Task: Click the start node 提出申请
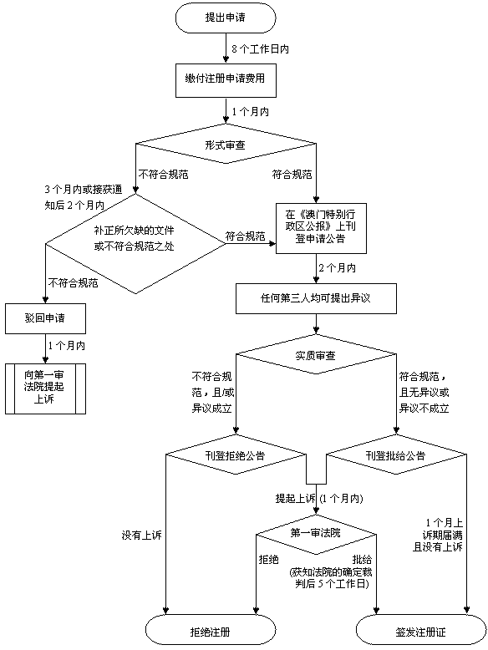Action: pos(226,18)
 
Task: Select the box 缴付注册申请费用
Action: pos(226,79)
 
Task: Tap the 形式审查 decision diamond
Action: pos(226,144)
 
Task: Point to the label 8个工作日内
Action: pos(260,49)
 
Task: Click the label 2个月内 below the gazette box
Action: pos(337,268)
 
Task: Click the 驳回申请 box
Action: pos(45,317)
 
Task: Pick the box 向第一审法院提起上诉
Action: pos(45,387)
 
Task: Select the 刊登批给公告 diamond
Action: pos(395,456)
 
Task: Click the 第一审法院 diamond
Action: pos(315,532)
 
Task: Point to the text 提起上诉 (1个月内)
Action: pos(318,498)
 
